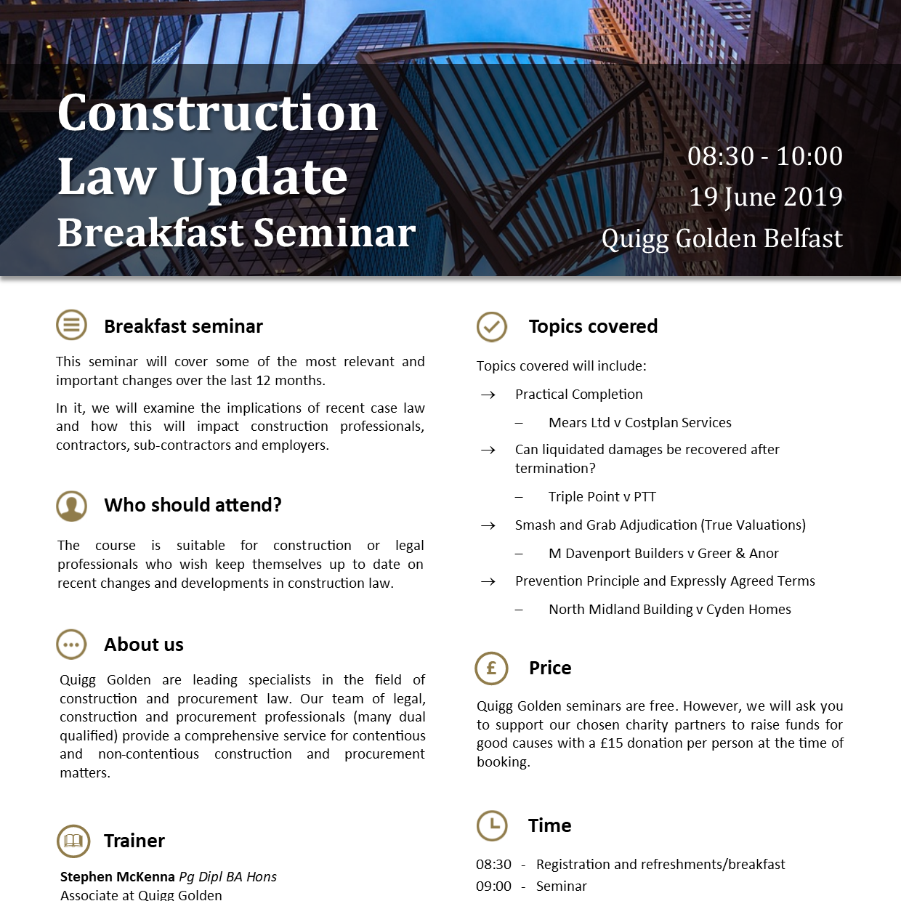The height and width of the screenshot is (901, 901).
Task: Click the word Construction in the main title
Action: tap(217, 113)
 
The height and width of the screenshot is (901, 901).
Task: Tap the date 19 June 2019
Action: tap(765, 197)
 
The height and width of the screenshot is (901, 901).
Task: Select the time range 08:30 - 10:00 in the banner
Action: tap(765, 156)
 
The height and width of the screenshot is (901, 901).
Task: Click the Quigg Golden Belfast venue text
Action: tap(722, 238)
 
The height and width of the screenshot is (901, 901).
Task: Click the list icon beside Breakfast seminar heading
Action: tap(71, 325)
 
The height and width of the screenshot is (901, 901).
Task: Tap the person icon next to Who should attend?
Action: tap(71, 506)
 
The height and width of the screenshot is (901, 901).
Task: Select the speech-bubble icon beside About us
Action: tap(71, 645)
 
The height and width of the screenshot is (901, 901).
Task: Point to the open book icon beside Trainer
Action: tap(73, 841)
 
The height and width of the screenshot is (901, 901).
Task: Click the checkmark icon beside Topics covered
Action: tap(492, 327)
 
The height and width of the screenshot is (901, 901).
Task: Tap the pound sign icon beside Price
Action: tap(491, 668)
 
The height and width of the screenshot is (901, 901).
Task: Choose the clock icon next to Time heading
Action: tap(492, 825)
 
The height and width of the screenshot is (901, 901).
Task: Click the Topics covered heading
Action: tap(593, 326)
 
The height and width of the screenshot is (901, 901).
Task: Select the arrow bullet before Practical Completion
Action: tap(488, 395)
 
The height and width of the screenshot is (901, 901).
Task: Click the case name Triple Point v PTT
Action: tap(602, 497)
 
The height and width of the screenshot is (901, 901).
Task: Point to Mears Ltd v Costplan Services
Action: tap(639, 423)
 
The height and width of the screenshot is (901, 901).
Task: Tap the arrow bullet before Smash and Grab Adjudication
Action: tap(488, 525)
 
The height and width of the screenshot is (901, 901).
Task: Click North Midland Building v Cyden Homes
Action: tap(669, 610)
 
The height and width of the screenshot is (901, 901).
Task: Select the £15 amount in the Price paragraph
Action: tap(611, 743)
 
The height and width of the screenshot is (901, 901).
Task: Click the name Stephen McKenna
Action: tap(117, 877)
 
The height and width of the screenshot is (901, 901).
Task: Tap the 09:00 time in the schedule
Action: tap(493, 886)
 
